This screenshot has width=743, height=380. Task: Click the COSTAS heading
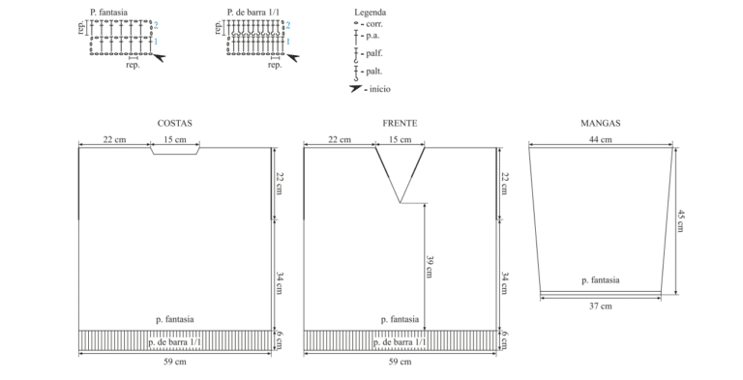[174, 123]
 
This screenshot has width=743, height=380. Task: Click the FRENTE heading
[400, 123]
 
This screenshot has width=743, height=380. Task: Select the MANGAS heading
[601, 123]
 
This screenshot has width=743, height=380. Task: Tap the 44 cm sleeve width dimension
[601, 139]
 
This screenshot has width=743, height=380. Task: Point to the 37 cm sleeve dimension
[601, 307]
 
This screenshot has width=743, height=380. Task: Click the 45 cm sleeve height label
[680, 220]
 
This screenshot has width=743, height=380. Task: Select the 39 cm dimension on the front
[430, 267]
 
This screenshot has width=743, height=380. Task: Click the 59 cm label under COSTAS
[175, 362]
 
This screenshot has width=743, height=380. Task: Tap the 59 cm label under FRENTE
[400, 362]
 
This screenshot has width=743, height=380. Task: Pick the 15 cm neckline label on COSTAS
[175, 139]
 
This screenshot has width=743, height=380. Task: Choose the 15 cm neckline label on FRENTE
[400, 139]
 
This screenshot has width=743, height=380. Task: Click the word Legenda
[371, 13]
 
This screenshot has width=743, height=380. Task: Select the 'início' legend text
[380, 89]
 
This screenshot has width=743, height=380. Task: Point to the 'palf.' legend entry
[373, 53]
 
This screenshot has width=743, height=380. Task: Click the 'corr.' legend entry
[374, 24]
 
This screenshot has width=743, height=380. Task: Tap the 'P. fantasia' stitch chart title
[109, 13]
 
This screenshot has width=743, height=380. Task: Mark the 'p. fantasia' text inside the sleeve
[601, 280]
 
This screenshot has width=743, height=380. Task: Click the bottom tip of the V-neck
[400, 203]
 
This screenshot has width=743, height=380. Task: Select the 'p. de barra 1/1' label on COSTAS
[175, 342]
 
